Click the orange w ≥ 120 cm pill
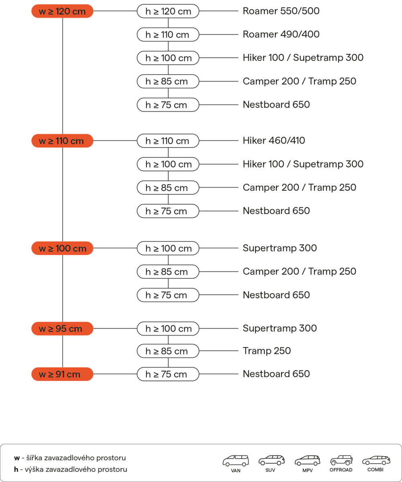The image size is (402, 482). (62, 11)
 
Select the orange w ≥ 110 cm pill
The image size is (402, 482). (62, 141)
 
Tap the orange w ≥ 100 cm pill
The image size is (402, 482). (62, 248)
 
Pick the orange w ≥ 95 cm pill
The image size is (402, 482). (62, 329)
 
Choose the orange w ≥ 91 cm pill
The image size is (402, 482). (62, 374)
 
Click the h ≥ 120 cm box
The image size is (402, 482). (168, 11)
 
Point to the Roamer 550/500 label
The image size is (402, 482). (281, 11)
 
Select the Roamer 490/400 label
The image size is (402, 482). (281, 35)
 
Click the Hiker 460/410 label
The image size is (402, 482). (274, 141)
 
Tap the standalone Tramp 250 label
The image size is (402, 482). (266, 351)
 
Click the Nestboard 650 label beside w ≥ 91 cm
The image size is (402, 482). (276, 374)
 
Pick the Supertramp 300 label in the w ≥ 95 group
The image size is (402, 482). (280, 329)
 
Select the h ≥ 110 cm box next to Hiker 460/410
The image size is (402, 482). (168, 141)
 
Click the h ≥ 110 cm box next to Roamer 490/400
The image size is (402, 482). (168, 35)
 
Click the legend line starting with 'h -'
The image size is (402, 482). (70, 469)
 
